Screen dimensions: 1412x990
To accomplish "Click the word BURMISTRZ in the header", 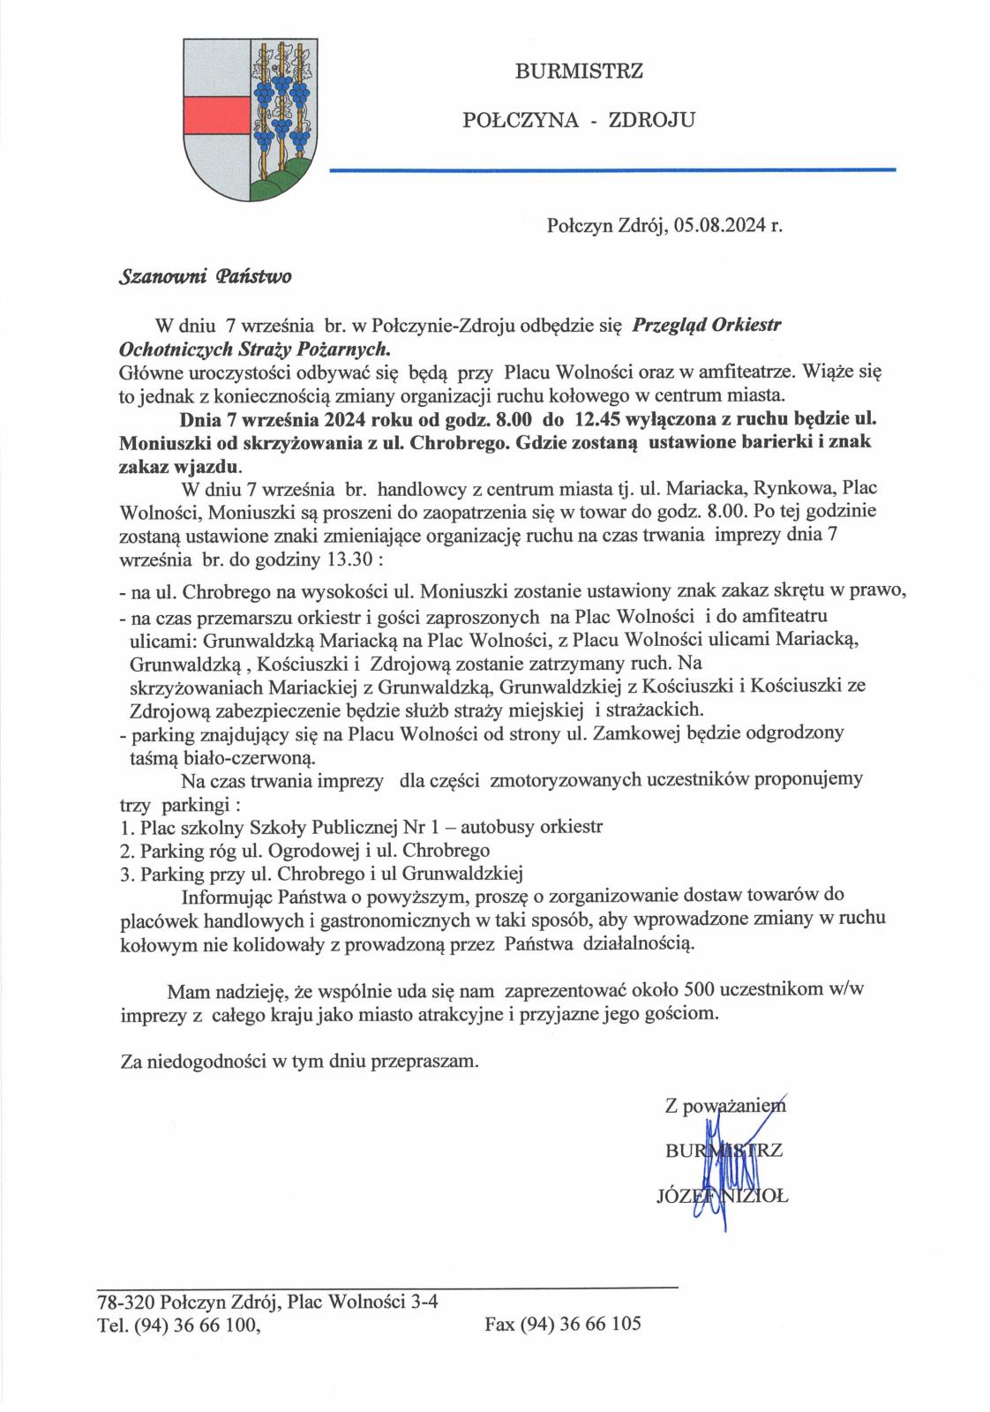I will pyautogui.click(x=579, y=71).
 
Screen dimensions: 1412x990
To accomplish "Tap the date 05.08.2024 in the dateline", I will pyautogui.click(x=722, y=225).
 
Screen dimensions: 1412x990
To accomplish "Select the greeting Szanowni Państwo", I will pyautogui.click(x=205, y=276).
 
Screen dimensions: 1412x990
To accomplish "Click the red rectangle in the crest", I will pyautogui.click(x=213, y=112).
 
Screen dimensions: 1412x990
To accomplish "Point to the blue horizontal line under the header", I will pyautogui.click(x=611, y=169).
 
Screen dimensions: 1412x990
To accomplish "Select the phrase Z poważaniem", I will pyautogui.click(x=724, y=1104).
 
